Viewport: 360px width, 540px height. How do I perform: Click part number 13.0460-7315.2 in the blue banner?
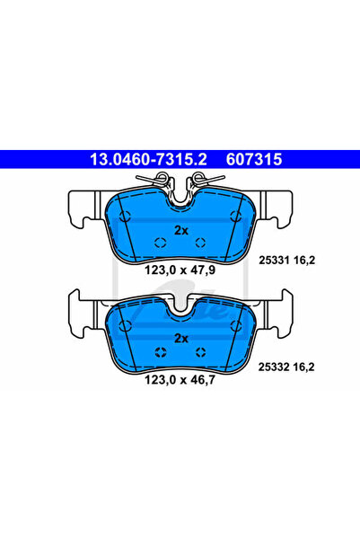coord(148,159)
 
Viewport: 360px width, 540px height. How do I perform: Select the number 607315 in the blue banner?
coord(254,159)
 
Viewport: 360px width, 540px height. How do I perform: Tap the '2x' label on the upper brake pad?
coord(181,230)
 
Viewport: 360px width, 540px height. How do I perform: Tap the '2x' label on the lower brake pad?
coord(181,339)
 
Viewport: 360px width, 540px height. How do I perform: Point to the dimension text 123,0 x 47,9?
coord(180,270)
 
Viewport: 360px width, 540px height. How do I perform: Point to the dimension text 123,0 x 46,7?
coord(180,380)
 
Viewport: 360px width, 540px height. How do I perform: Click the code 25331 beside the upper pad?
coord(274,261)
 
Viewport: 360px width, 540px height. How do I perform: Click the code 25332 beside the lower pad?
coord(274,367)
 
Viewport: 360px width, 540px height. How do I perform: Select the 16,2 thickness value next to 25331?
coord(304,261)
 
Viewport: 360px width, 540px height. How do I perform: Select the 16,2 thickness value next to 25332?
coord(304,367)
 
